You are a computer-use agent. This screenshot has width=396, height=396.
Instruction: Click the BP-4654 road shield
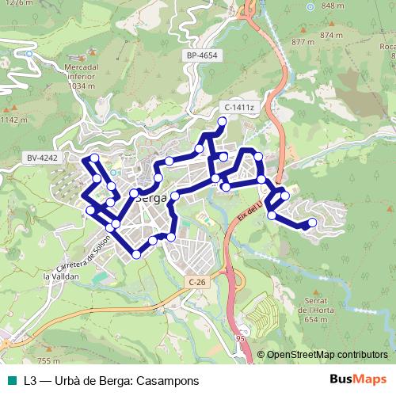tap(203, 55)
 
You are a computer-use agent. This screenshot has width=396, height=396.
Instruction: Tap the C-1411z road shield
tap(238, 107)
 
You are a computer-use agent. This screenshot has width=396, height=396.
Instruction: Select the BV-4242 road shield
tap(42, 158)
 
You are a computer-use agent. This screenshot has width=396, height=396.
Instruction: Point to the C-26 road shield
tap(196, 282)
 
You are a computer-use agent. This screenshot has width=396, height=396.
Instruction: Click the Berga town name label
tap(150, 198)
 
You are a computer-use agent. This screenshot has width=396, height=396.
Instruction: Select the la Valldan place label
tap(59, 276)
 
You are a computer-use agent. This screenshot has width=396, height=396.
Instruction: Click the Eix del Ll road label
tap(249, 208)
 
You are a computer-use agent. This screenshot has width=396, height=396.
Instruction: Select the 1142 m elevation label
tap(14, 120)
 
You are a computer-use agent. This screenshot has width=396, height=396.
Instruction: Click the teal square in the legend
tap(10, 380)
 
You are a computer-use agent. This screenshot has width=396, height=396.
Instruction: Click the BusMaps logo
tap(357, 380)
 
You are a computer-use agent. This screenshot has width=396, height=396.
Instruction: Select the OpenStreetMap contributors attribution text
tap(327, 354)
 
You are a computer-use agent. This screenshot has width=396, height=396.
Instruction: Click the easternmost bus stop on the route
tap(312, 223)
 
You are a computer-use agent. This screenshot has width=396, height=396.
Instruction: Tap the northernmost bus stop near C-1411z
tap(223, 121)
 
